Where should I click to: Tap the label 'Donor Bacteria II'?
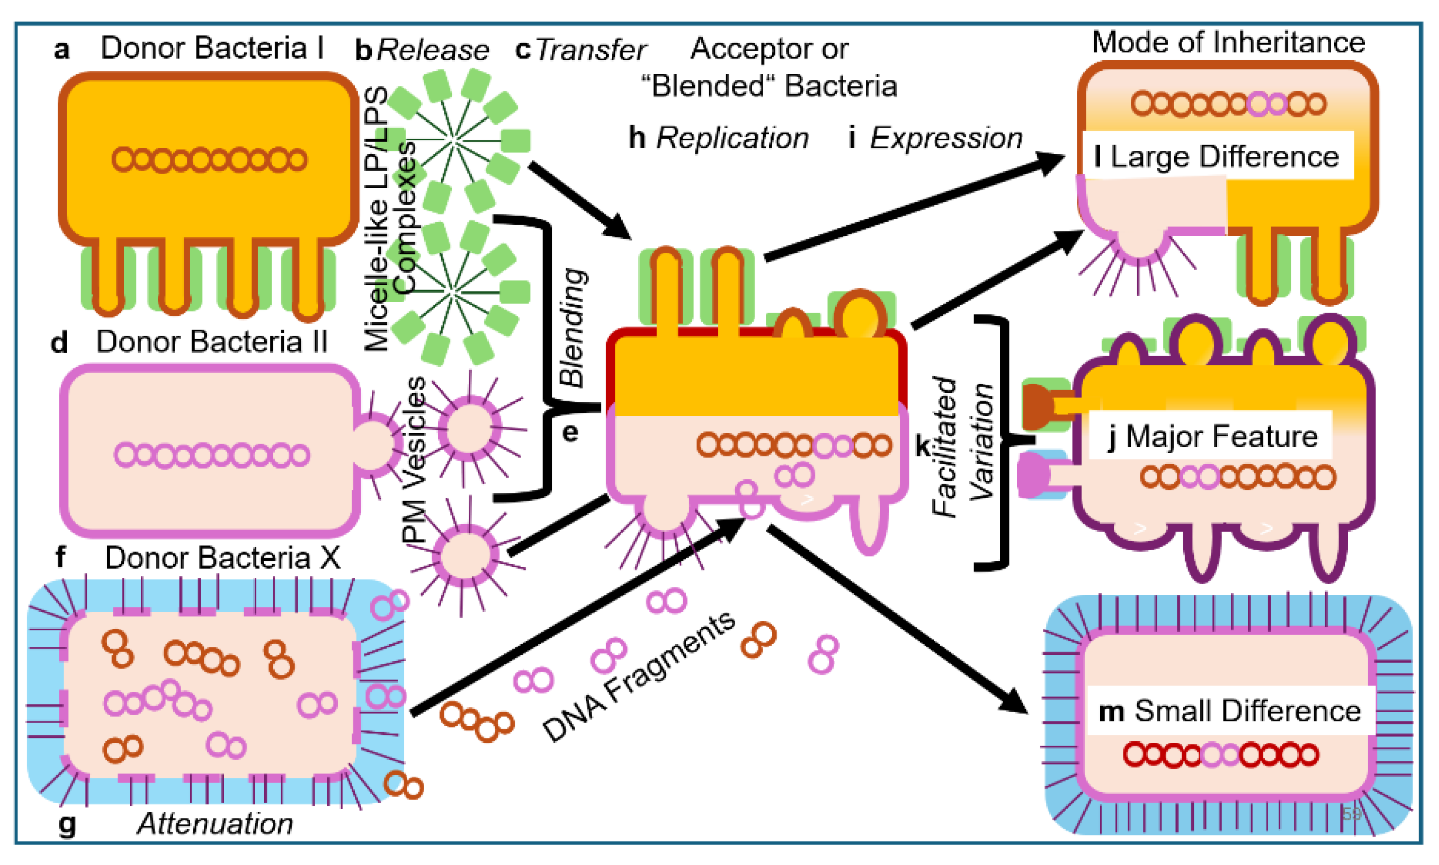pos(212,342)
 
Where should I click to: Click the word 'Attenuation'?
pos(215,824)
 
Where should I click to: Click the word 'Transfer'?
pos(591,50)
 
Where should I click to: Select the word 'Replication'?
pos(732,138)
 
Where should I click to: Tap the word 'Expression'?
pos(946,138)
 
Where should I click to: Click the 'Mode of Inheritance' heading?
pos(1228,43)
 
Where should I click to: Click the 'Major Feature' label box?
pos(1211,436)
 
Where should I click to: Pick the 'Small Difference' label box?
pos(1230,711)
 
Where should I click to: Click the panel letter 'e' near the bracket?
pos(570,433)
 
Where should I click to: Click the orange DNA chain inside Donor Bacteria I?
pos(209,159)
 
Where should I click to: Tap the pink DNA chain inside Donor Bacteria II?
pos(212,455)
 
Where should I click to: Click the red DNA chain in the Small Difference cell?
pos(1220,755)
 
